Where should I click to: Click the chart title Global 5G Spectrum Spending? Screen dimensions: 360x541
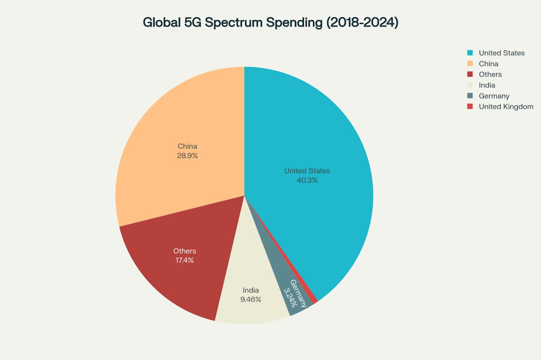coord(270,22)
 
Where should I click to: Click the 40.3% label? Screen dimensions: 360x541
coord(307,180)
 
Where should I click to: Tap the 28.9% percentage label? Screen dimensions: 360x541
coord(187,156)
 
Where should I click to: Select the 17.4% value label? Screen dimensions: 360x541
coord(184,261)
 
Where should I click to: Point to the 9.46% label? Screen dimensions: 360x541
coord(251,300)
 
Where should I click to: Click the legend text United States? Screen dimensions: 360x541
coord(502,53)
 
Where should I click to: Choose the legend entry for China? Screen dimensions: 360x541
coord(488,64)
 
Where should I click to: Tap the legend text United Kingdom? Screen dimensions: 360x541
coord(506,107)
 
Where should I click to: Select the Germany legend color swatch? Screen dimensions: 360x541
coord(470,96)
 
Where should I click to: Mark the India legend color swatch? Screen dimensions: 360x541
coord(470,85)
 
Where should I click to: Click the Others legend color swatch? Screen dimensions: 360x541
coord(470,74)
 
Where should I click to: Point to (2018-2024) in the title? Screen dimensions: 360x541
coord(362,23)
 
